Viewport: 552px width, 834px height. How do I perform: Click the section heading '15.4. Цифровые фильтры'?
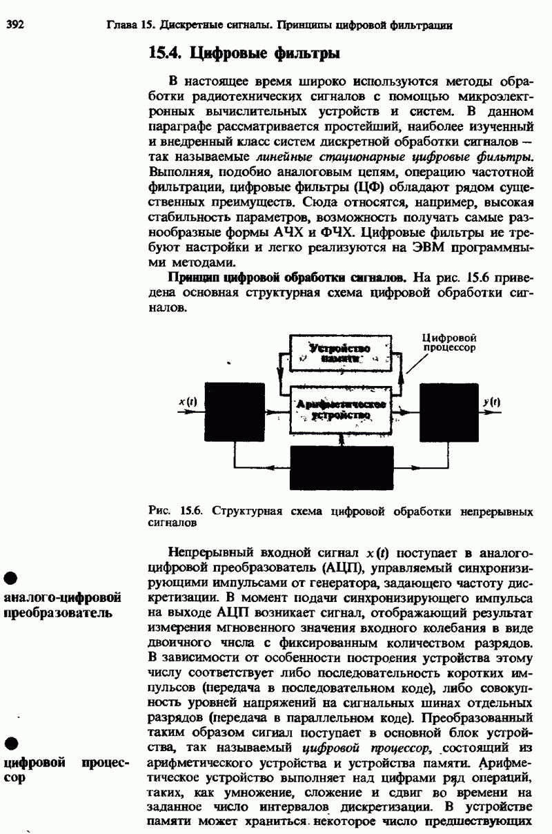(245, 52)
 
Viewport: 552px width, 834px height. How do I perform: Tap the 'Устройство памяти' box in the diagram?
(339, 353)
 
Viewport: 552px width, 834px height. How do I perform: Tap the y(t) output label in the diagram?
(492, 401)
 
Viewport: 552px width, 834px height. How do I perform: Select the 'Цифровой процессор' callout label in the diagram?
(450, 343)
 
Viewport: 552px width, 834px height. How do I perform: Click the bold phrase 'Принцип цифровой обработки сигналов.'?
(287, 278)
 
